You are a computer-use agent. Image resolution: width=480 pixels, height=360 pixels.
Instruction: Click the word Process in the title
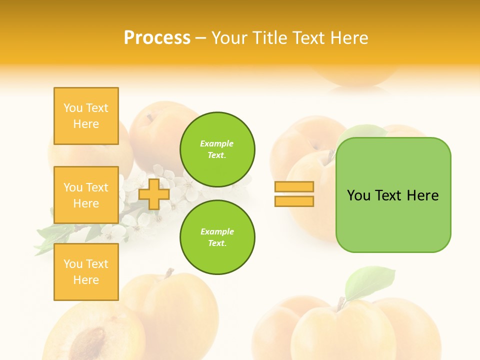coord(157,38)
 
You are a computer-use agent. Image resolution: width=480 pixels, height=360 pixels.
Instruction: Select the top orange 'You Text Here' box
coord(86,116)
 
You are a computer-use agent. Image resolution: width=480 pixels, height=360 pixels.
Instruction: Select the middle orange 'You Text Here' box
coord(86,195)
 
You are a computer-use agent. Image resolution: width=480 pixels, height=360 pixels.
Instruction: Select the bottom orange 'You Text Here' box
coord(86,271)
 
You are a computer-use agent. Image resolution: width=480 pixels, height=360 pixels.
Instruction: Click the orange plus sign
coord(153,194)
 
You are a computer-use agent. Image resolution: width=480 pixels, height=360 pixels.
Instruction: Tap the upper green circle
coord(217,149)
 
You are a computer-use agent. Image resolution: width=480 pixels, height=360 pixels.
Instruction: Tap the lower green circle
coord(217,237)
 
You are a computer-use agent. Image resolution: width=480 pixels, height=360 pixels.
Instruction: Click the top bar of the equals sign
coord(294,187)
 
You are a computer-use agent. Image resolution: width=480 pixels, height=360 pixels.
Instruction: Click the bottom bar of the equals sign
coord(294,201)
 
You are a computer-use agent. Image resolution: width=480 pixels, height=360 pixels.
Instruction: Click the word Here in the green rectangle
coord(422,195)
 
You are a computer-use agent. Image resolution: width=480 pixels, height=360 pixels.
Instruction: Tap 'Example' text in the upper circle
coord(216,143)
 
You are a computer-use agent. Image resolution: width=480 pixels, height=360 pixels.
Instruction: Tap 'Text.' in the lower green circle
coord(217,243)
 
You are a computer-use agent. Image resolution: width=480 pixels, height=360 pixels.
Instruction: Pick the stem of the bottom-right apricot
coord(342,303)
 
